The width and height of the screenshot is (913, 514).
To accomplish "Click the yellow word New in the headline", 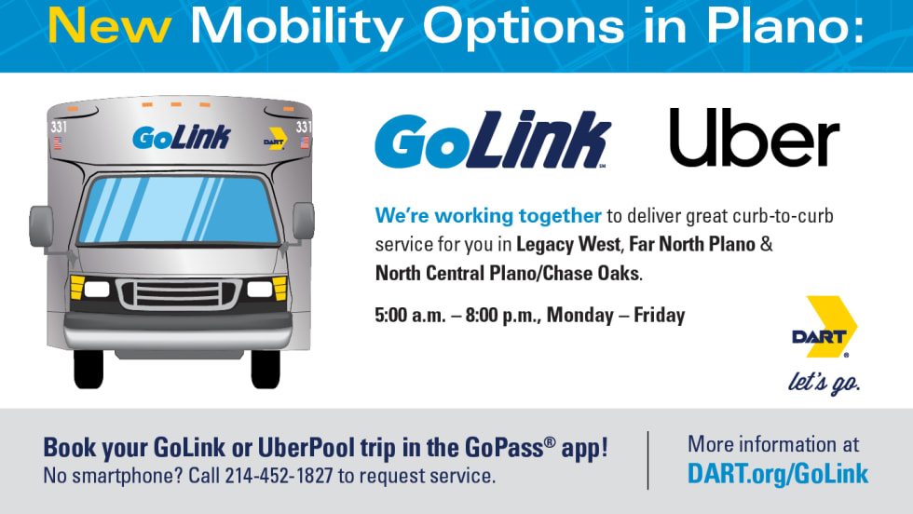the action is click(x=110, y=27).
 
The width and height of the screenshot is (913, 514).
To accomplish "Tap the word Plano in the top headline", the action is click(x=784, y=27).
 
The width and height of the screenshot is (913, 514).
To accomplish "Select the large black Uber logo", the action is click(x=755, y=138).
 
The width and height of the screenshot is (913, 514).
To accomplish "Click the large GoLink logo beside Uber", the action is click(x=493, y=140).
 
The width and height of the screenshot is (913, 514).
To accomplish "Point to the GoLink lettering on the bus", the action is click(x=182, y=138).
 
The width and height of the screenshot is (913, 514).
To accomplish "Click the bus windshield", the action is click(x=178, y=210).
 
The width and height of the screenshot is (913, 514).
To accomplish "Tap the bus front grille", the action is click(x=178, y=293).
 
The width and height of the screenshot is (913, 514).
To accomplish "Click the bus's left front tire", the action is click(x=89, y=369).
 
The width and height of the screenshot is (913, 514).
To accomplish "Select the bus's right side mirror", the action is click(x=304, y=222).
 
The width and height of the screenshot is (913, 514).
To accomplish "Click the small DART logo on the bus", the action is click(x=276, y=139).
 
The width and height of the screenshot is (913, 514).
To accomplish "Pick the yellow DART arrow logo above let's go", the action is click(x=824, y=327).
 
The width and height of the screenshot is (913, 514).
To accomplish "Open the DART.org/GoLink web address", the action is click(x=778, y=474).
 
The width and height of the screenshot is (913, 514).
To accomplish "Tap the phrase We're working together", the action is click(x=488, y=215).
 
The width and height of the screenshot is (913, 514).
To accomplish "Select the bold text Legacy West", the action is click(x=568, y=245).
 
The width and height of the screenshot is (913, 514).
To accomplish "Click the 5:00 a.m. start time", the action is click(x=410, y=315).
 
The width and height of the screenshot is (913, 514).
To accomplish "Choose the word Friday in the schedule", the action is click(x=660, y=315).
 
